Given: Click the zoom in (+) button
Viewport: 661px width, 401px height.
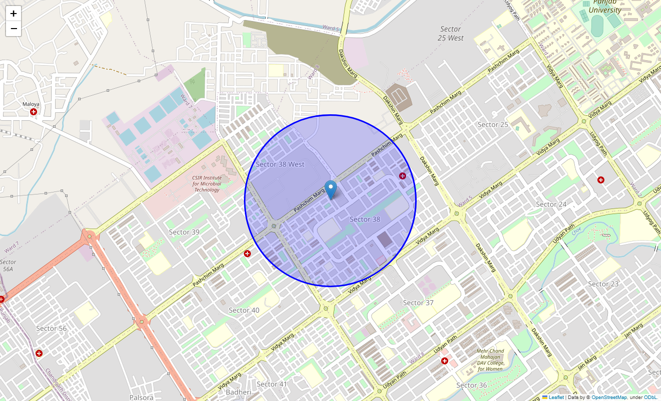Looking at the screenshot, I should (x=14, y=14).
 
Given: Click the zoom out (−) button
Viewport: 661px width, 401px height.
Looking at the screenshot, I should (x=14, y=29).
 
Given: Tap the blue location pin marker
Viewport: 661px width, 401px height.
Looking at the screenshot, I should (x=330, y=190).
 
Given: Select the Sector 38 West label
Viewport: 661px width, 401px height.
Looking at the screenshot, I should (x=280, y=164).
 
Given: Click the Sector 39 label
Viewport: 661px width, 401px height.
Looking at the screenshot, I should (x=184, y=232).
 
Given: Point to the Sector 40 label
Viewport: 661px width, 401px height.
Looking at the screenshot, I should (x=244, y=310).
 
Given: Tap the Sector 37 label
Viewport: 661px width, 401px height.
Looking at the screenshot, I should (x=418, y=303).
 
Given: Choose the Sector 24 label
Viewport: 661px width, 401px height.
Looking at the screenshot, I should (x=551, y=205).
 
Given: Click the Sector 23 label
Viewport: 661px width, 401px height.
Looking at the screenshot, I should (x=603, y=284).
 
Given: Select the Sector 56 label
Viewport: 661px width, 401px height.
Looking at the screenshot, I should (x=51, y=329).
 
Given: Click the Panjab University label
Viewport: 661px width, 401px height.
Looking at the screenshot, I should (x=604, y=7).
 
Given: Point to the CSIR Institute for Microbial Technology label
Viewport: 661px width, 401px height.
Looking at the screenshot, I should (x=207, y=183).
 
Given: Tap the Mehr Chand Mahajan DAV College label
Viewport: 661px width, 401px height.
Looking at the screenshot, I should (x=490, y=360).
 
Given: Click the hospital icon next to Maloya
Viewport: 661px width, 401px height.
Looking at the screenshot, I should (x=34, y=112).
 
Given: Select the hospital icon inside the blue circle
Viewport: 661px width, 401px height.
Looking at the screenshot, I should (x=403, y=175).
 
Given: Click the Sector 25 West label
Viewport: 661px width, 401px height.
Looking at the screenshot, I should (x=450, y=34).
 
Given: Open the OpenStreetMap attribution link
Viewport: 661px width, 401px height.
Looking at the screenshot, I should (x=609, y=397).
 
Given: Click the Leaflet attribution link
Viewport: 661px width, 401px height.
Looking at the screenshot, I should (x=556, y=397).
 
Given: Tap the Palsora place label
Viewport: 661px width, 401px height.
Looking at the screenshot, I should (x=141, y=397).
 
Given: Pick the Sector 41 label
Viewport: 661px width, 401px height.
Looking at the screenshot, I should (x=272, y=384).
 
